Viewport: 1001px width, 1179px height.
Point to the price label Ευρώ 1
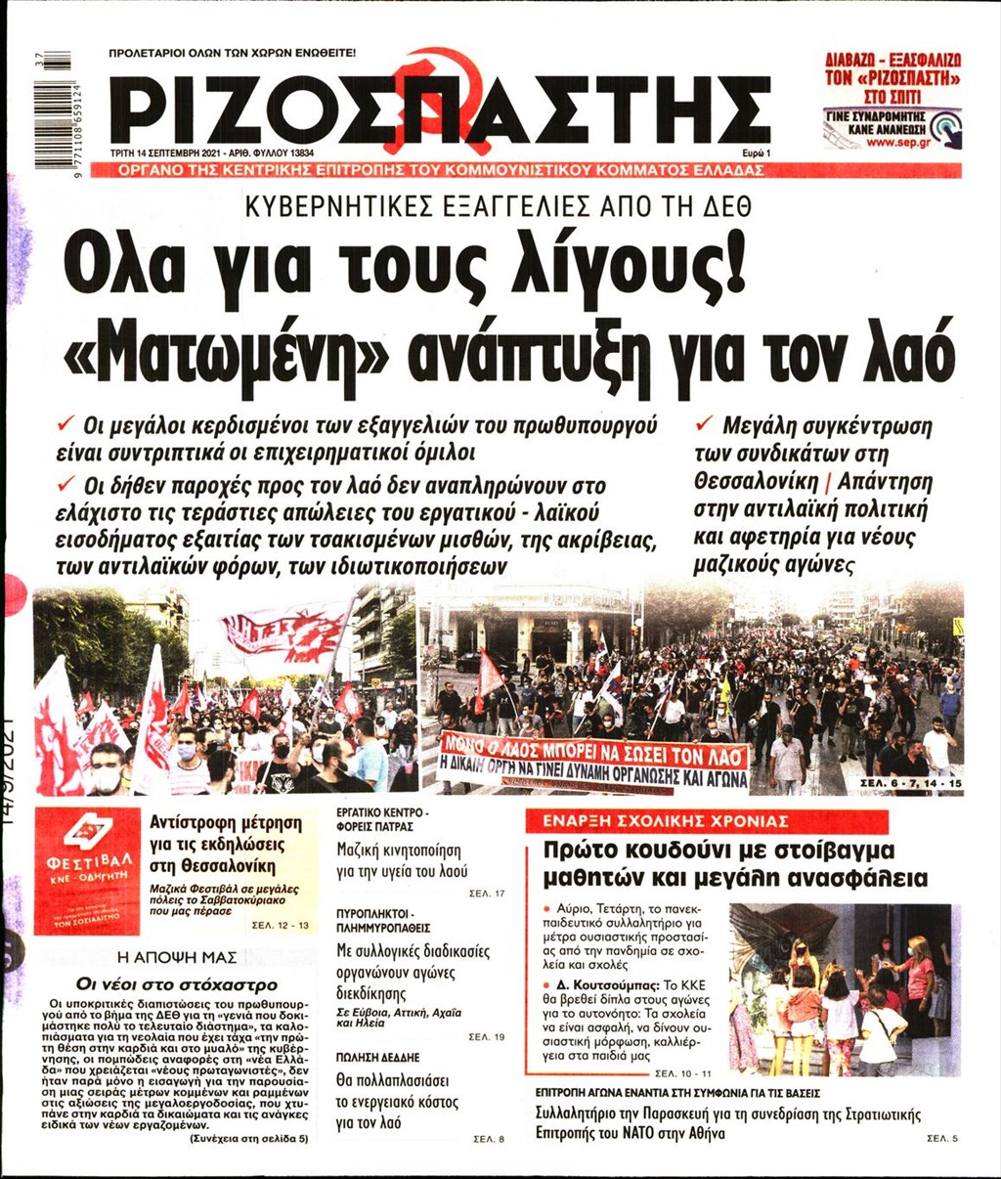[x=756, y=153]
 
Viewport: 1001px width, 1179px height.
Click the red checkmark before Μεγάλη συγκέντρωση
[x=703, y=423]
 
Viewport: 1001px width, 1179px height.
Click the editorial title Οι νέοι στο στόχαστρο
[x=177, y=983]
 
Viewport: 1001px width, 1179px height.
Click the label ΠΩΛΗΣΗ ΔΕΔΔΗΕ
[x=377, y=1058]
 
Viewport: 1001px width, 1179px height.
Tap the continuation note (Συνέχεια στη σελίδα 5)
[x=248, y=1139]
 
